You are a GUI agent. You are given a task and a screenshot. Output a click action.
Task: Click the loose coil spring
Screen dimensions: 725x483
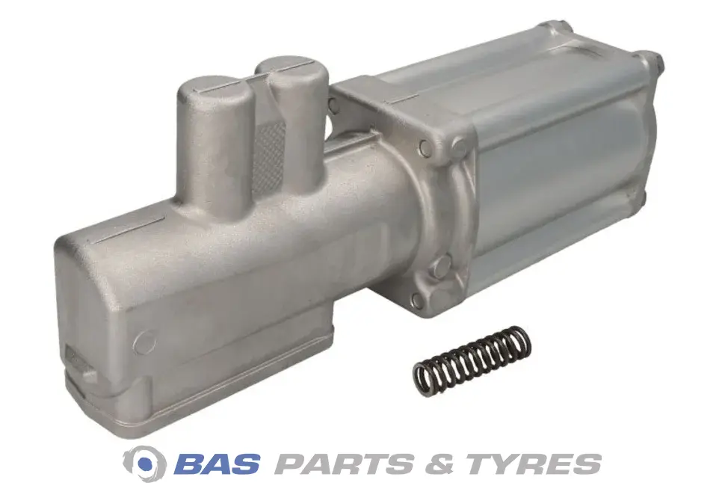[x=472, y=360]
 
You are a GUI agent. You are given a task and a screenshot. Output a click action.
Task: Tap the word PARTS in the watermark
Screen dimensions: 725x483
[x=344, y=464]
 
